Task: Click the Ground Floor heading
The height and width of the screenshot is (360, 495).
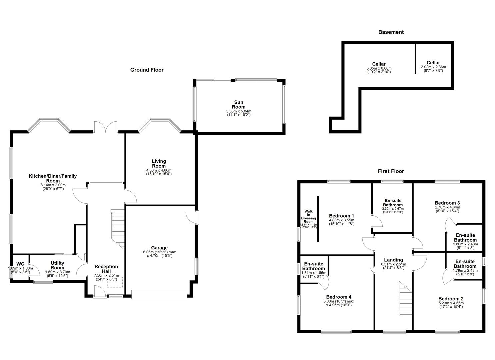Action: pos(147,70)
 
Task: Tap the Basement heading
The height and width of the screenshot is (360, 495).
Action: pos(391,32)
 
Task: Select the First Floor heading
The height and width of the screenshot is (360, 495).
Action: pos(391,171)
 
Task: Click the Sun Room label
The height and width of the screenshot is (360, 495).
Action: pos(238,105)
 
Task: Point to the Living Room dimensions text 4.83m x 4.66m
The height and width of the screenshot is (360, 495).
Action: pos(159,170)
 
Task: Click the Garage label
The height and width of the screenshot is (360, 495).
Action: pos(159,248)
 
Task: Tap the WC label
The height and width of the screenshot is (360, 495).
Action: pos(20,264)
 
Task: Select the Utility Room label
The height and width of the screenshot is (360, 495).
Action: pos(57,265)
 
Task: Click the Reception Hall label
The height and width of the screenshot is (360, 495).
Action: pos(106,269)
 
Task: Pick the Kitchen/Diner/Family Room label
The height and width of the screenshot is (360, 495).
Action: pos(53,178)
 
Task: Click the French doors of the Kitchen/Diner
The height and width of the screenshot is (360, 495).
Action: pos(106,127)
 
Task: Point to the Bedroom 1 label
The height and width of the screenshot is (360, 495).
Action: pos(341,216)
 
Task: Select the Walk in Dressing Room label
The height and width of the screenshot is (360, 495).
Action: pos(308,217)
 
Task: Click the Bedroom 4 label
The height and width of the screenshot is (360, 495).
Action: pos(339,297)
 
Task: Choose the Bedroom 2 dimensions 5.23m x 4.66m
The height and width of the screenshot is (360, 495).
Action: pos(451,303)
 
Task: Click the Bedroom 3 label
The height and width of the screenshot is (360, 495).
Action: pos(447,203)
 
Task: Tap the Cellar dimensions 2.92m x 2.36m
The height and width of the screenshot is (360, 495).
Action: pos(433,67)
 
